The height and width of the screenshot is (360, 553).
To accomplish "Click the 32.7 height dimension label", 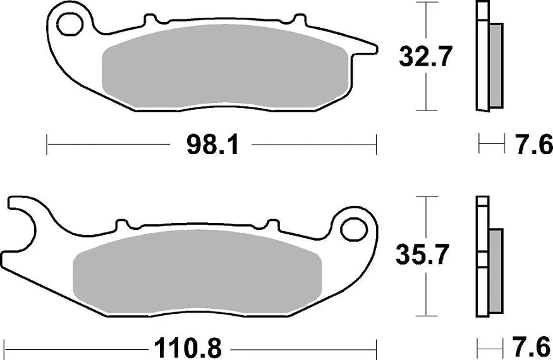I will coord(425,57).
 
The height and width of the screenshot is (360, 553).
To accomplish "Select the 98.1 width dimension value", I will coord(212,145).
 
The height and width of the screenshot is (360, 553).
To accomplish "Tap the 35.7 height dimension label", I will coord(422,255).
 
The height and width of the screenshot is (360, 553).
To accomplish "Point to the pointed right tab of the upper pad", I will coord(367,48).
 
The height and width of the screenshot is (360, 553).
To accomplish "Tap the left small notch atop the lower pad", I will coord(123,225).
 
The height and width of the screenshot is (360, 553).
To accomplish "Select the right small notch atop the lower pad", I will coord(272,225).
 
